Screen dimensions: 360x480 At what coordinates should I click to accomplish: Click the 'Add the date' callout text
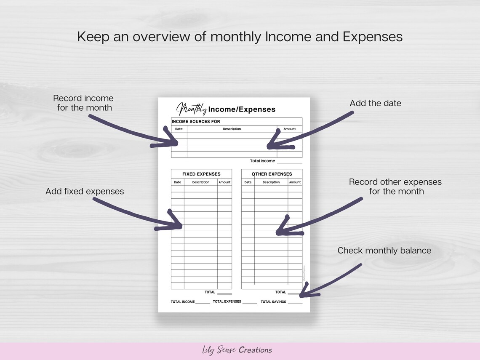[375, 103]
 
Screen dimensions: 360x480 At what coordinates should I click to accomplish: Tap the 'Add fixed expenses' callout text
[85, 191]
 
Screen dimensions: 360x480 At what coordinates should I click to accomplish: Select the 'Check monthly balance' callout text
[384, 251]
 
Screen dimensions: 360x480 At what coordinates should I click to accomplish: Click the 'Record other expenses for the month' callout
[395, 187]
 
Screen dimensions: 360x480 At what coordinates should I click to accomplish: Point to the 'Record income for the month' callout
[84, 103]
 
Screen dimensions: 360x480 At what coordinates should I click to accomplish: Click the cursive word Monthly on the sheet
[192, 109]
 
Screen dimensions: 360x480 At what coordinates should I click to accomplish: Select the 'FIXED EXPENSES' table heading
[201, 174]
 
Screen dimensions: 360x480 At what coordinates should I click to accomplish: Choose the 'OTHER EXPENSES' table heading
[272, 174]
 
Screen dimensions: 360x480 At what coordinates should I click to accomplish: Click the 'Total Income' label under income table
[262, 161]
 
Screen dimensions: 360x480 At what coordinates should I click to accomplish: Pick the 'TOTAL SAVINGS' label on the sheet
[273, 302]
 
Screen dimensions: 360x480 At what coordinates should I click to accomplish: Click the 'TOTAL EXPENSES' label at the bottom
[227, 301]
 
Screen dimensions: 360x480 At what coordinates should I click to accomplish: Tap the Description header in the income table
[232, 129]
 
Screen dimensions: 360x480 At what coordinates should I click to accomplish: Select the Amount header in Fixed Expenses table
[224, 182]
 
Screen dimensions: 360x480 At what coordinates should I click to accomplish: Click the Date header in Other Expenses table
[248, 182]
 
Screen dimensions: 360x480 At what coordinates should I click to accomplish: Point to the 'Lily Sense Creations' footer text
[237, 350]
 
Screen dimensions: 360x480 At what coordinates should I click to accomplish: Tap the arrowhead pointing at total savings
[306, 293]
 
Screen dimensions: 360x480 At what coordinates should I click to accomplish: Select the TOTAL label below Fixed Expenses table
[210, 292]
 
